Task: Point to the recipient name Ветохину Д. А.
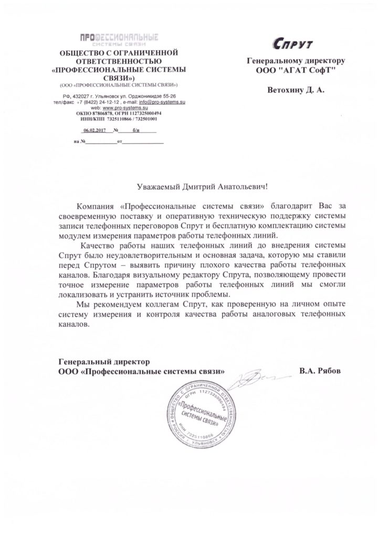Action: point(296,90)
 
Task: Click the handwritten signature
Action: point(255,376)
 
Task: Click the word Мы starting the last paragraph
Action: point(82,305)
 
